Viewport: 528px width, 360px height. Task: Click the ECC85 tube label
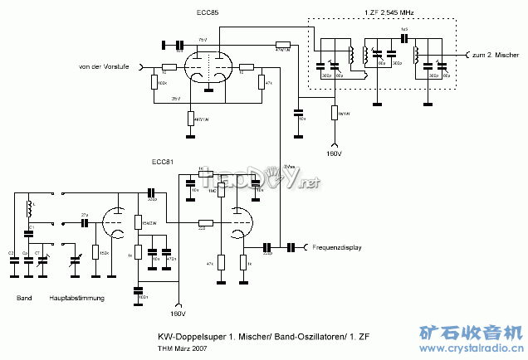208,12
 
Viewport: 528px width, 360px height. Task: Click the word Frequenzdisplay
338,247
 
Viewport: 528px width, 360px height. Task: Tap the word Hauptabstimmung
76,298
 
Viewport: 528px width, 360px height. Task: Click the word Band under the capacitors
24,298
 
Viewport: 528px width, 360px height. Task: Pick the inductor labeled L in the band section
31,205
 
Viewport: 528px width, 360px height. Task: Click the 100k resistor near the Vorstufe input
155,82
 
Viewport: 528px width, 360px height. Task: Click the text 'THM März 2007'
182,348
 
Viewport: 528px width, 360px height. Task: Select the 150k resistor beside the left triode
96,251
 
